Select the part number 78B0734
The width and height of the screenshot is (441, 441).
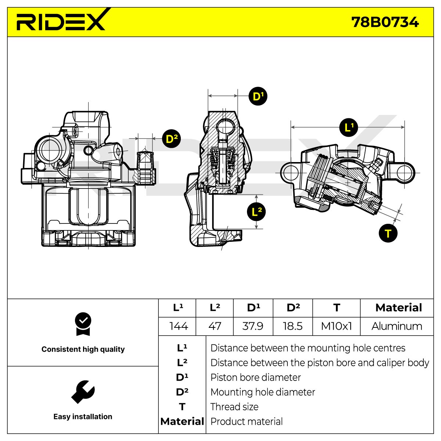[x=385, y=22]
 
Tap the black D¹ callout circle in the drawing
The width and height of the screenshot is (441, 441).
[x=258, y=96]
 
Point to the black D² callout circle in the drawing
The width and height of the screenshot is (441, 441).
[x=171, y=139]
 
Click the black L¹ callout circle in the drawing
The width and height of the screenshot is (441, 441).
[x=348, y=128]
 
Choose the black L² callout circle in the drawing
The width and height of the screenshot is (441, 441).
[x=256, y=211]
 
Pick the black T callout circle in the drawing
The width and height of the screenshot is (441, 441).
[x=388, y=233]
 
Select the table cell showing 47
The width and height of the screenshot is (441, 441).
[x=215, y=326]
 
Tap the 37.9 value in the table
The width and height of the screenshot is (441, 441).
[x=253, y=326]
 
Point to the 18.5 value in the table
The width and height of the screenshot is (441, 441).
[x=293, y=326]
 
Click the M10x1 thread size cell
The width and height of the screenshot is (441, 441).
[x=336, y=326]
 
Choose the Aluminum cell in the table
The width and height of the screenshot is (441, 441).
[x=397, y=326]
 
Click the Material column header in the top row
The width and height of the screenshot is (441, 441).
[x=399, y=308]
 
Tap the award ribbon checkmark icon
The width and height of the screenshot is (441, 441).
[x=83, y=324]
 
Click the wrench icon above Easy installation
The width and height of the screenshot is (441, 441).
[x=83, y=392]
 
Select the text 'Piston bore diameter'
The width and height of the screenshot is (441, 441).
[x=255, y=377]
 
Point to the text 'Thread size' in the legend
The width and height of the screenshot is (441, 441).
[x=234, y=407]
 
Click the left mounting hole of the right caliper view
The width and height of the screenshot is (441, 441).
[x=291, y=173]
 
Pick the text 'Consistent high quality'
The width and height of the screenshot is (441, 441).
[x=83, y=349]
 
